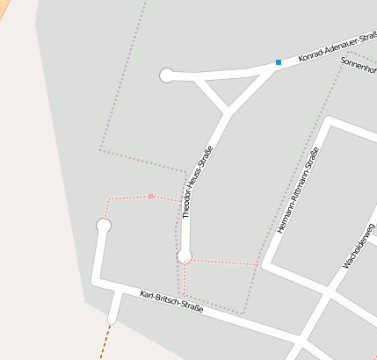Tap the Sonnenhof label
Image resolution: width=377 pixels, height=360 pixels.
(358, 68)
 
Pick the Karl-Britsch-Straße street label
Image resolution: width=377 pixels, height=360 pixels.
(171, 301)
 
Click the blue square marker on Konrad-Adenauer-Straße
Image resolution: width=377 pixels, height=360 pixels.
(279, 62)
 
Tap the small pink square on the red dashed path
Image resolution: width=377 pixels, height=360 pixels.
(151, 196)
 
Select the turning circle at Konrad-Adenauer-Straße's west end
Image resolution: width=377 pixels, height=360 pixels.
(167, 76)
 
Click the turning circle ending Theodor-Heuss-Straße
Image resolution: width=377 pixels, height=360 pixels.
(185, 256)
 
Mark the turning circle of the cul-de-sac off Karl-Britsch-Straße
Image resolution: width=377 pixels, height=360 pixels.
(104, 226)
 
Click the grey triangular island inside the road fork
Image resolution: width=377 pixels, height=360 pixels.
(230, 87)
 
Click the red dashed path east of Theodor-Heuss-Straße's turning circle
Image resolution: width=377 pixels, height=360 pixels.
(224, 262)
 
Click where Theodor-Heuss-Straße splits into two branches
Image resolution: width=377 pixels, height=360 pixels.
(229, 112)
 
